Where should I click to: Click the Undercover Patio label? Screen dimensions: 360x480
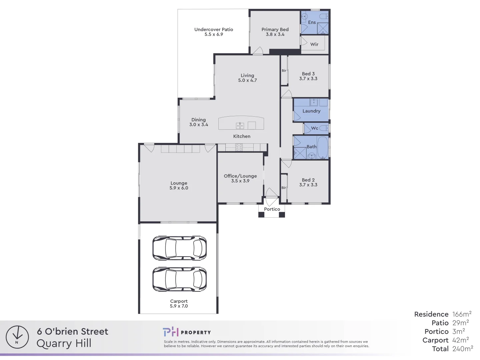point(214,29)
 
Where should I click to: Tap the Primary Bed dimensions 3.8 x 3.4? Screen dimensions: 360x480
point(275,34)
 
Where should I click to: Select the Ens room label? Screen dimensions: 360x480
point(312,22)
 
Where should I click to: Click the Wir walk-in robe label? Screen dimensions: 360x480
point(314,44)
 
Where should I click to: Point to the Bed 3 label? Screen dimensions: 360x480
point(308,74)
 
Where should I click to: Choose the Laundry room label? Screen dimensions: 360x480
point(311,111)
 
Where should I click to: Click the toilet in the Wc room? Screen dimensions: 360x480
point(324,128)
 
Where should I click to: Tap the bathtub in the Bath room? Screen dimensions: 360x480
point(322,147)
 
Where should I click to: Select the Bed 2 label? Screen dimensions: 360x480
point(308,180)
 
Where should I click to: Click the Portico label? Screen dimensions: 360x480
point(272,209)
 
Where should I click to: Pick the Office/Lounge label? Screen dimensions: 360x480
point(240,176)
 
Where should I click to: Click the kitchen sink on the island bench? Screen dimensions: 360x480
point(240,125)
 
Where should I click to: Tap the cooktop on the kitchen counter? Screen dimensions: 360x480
point(239,147)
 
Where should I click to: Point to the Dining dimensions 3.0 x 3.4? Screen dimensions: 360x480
point(199,125)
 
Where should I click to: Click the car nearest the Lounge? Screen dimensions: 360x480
point(179,248)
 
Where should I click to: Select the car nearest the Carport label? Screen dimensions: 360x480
point(179,279)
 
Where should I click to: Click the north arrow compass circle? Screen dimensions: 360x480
point(17,337)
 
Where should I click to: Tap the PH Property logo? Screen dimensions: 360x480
point(187,332)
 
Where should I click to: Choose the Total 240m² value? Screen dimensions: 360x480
point(463,349)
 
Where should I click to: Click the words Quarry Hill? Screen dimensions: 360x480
point(64,343)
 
